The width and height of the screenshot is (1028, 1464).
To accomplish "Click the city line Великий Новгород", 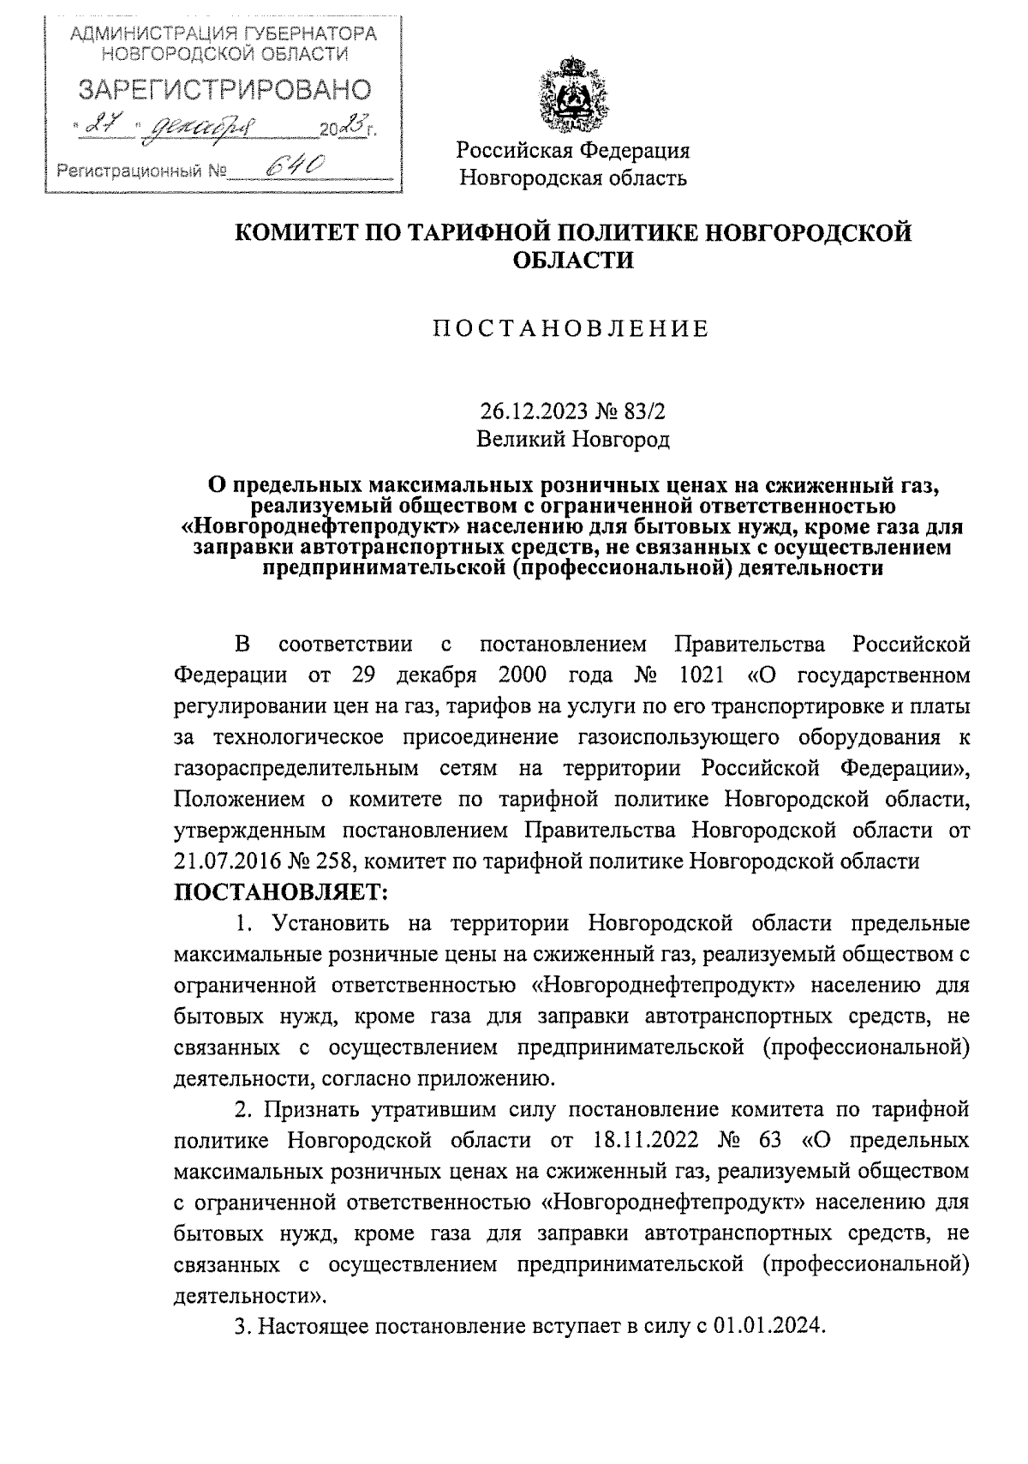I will [x=572, y=441].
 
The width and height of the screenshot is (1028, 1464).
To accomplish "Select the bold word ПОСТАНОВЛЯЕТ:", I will [x=282, y=891].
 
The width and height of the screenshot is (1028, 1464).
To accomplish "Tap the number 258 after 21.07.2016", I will [x=346, y=861].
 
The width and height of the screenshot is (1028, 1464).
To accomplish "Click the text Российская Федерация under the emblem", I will [x=572, y=152].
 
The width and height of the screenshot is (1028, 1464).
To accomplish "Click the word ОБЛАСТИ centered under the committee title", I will [x=572, y=261].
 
